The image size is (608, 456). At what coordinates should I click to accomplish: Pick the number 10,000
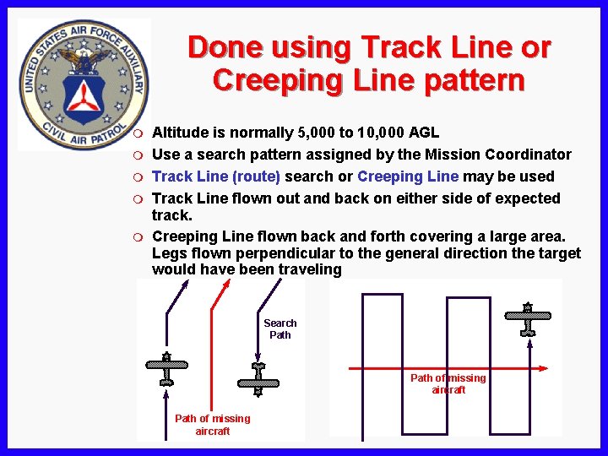[381, 133]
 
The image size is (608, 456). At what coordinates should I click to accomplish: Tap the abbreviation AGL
[424, 133]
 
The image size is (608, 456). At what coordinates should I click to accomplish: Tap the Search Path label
[280, 329]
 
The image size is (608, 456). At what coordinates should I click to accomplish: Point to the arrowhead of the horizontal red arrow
[545, 368]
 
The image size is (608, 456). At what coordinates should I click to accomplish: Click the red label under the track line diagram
[212, 425]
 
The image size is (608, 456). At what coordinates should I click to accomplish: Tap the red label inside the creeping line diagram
[448, 384]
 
